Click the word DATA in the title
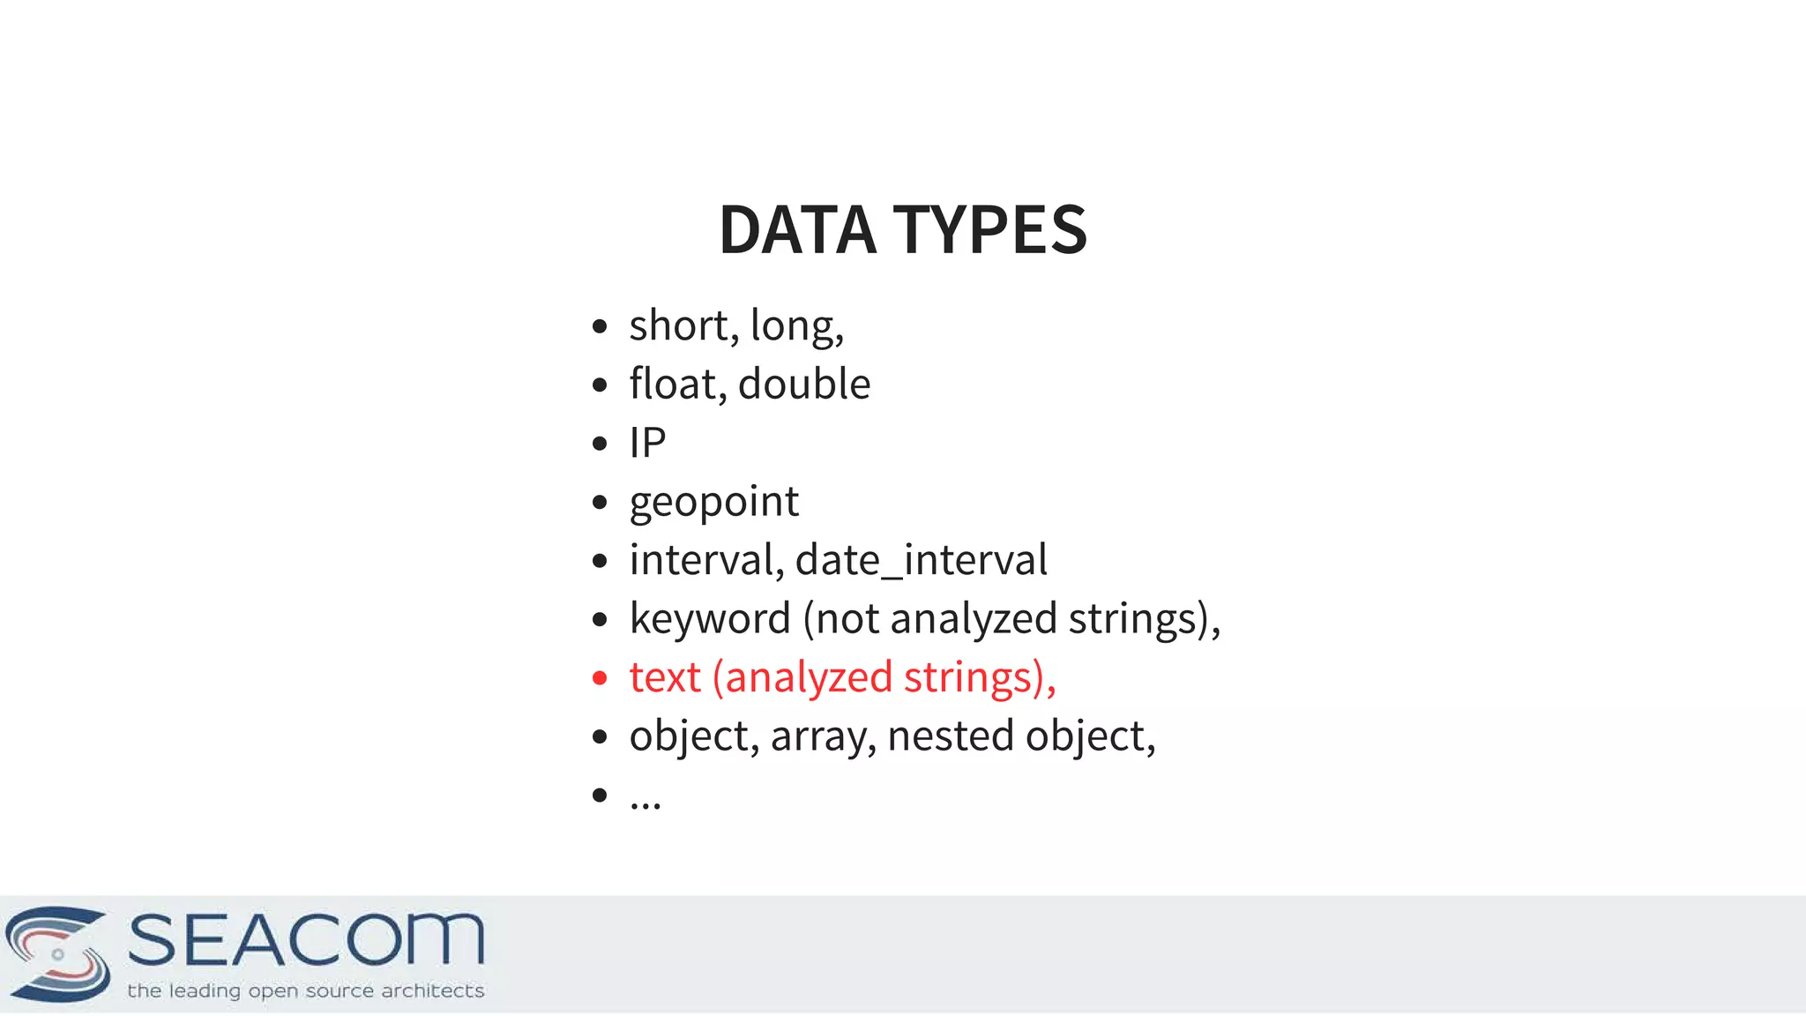797,230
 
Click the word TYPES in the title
990,230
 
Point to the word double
804,385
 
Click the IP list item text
647,443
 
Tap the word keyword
710,619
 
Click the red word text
665,677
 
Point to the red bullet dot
601,678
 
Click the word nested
951,736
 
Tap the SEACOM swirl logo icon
58,953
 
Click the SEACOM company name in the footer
306,940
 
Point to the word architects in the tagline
432,991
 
